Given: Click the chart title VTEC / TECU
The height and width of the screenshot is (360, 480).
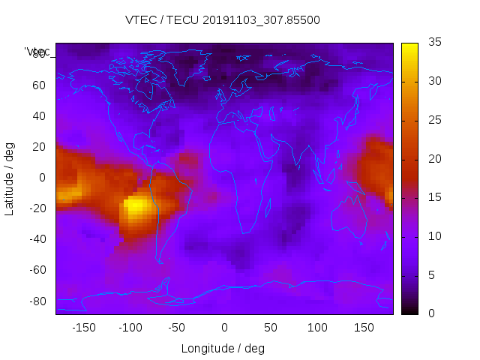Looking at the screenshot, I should (223, 20).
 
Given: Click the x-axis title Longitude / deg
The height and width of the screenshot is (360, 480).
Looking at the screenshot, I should (223, 349).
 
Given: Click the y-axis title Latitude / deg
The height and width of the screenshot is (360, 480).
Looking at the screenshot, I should (10, 178).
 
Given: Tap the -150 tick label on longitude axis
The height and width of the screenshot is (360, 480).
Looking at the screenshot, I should (84, 328).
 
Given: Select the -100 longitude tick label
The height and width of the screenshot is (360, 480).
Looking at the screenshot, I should (130, 328).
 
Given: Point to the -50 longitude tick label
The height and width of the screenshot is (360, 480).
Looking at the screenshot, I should (177, 328).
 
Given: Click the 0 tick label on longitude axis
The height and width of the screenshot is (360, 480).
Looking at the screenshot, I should (224, 328).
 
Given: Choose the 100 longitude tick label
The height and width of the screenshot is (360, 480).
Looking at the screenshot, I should (317, 328).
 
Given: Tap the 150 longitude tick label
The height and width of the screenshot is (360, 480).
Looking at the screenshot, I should (364, 328).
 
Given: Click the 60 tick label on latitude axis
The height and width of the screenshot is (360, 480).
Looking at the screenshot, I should (39, 85).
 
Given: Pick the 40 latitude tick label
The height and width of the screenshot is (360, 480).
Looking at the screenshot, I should (39, 115).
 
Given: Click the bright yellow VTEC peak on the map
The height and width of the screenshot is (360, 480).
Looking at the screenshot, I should (136, 205).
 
